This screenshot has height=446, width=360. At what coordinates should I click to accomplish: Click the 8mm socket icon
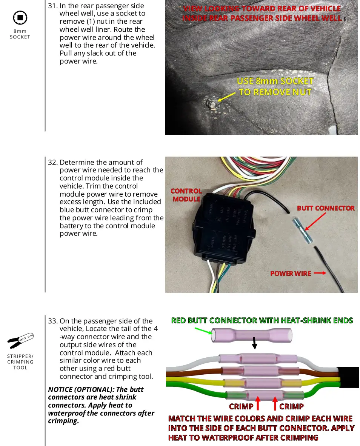pyautogui.click(x=20, y=18)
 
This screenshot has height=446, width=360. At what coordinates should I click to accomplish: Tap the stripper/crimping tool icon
pyautogui.click(x=20, y=341)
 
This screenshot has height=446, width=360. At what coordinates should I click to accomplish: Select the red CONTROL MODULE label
pyautogui.click(x=186, y=195)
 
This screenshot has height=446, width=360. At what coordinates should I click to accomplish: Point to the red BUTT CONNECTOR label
pyautogui.click(x=326, y=208)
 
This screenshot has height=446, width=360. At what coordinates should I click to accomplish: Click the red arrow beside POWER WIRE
pyautogui.click(x=320, y=273)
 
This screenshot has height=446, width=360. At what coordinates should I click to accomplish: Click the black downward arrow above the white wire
pyautogui.click(x=255, y=343)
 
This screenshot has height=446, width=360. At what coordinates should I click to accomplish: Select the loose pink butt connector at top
pyautogui.click(x=252, y=334)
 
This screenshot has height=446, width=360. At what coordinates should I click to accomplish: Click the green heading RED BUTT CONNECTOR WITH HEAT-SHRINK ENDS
pyautogui.click(x=262, y=321)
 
